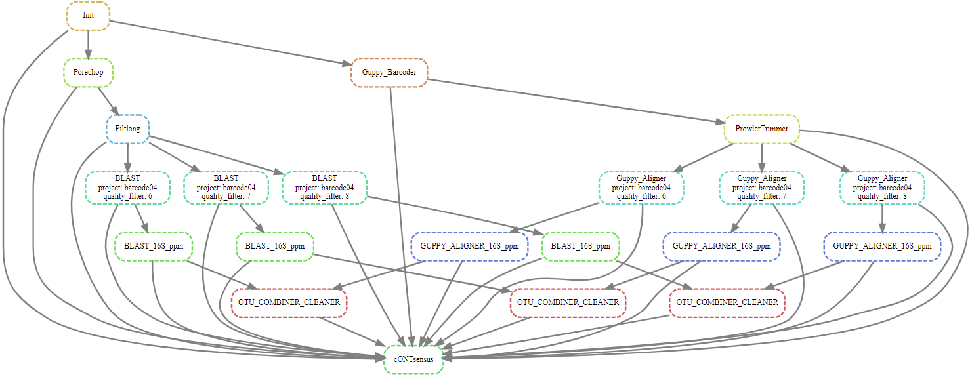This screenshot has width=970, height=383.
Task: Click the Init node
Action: pos(88,16)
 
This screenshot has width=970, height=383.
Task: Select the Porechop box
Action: pos(88,72)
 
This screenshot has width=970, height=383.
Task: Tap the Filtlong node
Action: pos(127,129)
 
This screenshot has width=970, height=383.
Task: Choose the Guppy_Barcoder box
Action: pos(390,72)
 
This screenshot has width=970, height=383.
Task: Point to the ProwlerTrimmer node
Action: pos(761,129)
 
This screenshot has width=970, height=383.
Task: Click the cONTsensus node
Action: pos(413,359)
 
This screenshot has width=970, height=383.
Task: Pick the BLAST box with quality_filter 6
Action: pos(127,187)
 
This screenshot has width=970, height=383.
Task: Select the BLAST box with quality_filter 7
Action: pos(226,187)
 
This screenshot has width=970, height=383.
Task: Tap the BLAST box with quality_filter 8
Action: pos(324,187)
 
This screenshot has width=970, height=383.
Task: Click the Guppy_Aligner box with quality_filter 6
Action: pos(641,187)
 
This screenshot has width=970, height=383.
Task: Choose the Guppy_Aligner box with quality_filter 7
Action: pos(761,187)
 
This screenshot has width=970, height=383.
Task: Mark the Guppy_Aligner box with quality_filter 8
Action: pos(882,187)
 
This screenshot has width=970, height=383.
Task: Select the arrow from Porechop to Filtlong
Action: pos(107,100)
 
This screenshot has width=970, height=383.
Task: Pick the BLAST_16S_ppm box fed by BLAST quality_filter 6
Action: pos(153,246)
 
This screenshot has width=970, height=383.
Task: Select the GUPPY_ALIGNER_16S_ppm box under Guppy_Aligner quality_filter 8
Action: pos(882,246)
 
